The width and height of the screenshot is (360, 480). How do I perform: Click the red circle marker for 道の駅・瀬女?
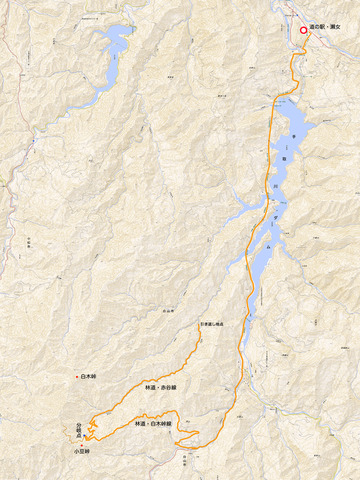pyautogui.click(x=303, y=30)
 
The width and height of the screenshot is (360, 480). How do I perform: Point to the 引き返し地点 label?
pyautogui.click(x=211, y=324)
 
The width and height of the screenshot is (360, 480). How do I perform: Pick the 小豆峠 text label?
pyautogui.click(x=80, y=452)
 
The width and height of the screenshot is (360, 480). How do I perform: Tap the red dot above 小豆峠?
pyautogui.click(x=80, y=445)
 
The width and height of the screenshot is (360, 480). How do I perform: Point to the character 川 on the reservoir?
pyautogui.click(x=278, y=184)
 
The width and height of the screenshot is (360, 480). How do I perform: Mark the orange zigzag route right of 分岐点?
pyautogui.click(x=92, y=427)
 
